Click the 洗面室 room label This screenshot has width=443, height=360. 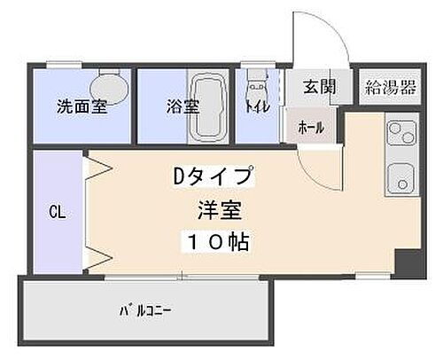(x=82, y=107)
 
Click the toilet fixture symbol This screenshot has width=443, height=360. (x=257, y=89)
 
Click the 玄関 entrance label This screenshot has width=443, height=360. (x=317, y=87)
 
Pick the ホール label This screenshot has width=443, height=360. (x=311, y=128)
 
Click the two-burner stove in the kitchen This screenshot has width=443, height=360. (x=398, y=136)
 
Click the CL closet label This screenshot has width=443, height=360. (x=56, y=213)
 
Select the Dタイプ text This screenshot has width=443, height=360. (x=212, y=176)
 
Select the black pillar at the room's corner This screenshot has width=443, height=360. (x=407, y=262)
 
